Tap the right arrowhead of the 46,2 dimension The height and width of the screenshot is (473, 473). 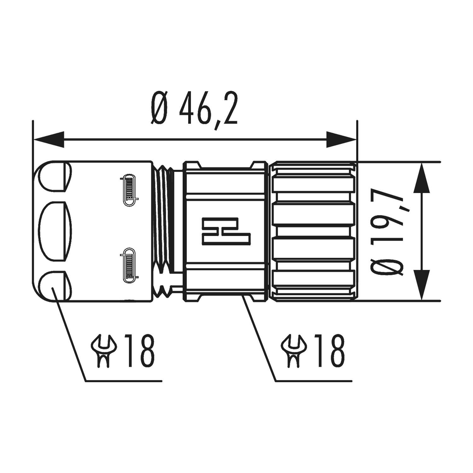341,139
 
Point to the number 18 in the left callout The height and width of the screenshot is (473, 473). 139,351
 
